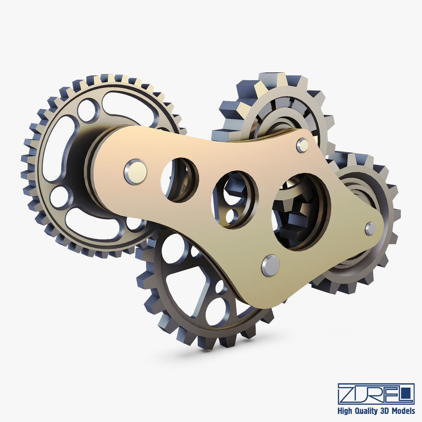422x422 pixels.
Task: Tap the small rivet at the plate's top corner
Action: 302,145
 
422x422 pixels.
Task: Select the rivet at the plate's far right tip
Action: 370,228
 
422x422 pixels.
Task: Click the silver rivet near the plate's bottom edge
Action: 270,265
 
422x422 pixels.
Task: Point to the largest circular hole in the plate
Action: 300,212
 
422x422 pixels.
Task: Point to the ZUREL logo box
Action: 376,394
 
